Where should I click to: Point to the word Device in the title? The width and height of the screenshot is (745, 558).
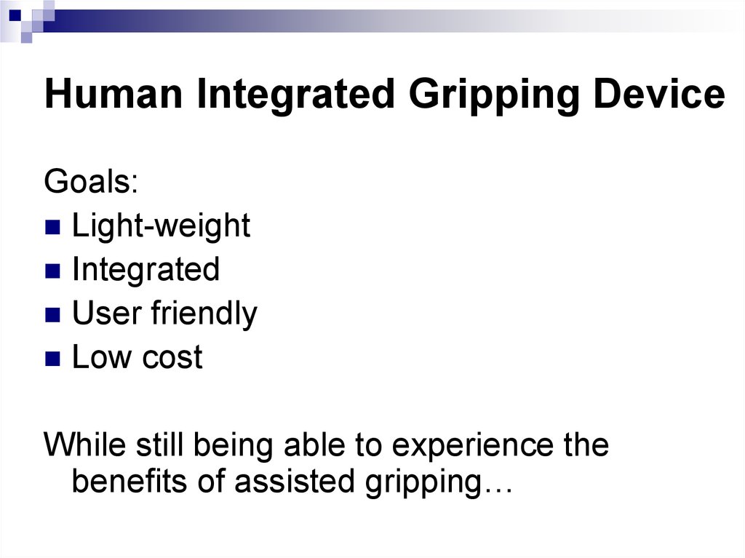(x=659, y=95)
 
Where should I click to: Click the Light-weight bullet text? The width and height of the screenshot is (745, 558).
(x=161, y=226)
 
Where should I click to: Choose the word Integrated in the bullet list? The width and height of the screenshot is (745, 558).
(x=146, y=270)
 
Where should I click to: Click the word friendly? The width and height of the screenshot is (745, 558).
(x=204, y=314)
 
